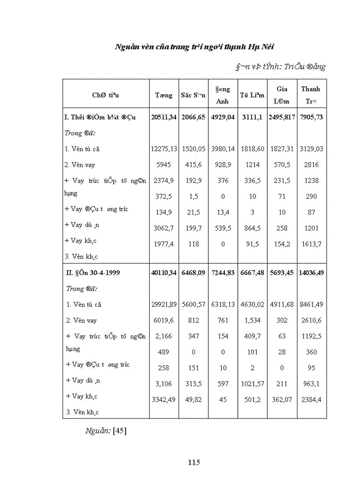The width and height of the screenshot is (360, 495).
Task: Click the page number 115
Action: tap(194, 462)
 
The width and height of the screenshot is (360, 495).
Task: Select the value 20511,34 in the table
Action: tap(164, 117)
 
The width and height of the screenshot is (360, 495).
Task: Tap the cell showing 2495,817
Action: tap(282, 117)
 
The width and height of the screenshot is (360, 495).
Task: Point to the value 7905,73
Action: tap(311, 117)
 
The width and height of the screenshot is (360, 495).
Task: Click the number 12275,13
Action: tap(164, 149)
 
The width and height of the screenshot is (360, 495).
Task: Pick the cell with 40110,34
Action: tap(164, 273)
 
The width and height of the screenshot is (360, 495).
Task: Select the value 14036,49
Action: tap(311, 273)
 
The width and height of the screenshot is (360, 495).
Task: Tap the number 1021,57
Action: tap(252, 384)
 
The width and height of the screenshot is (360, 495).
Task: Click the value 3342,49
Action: tap(164, 400)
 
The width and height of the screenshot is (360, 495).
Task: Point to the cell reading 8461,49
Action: tap(311, 305)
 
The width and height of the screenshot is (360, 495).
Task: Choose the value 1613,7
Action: tap(311, 244)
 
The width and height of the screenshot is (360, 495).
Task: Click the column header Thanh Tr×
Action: tap(311, 95)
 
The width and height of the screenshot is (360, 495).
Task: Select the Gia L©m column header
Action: tap(282, 95)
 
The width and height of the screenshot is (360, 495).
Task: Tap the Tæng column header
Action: tap(164, 95)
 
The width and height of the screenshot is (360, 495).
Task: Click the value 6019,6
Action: tap(164, 320)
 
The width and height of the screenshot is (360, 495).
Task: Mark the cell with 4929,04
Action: tap(223, 117)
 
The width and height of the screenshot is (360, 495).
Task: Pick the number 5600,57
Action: tap(193, 305)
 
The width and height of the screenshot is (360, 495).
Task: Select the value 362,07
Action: tap(282, 400)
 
